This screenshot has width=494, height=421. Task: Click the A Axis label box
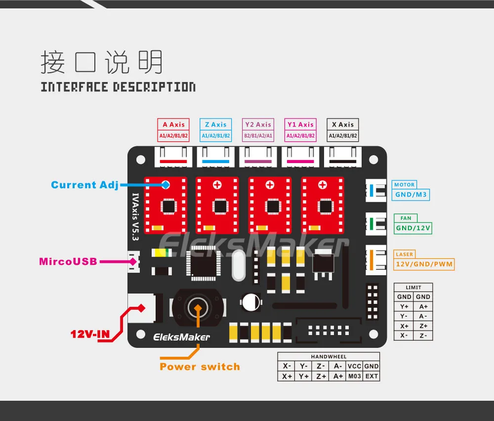point(173,130)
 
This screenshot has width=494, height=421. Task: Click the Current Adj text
point(85,185)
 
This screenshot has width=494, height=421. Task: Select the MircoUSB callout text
point(68,261)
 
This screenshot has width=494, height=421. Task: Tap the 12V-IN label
point(90,334)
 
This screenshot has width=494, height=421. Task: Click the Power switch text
point(200,367)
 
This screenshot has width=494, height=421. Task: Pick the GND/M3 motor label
point(411,195)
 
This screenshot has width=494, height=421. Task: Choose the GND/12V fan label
point(413,228)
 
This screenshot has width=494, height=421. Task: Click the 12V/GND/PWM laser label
point(424,264)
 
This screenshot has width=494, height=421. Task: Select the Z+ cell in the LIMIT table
point(423,326)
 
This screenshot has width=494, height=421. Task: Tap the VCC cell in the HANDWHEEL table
point(354,366)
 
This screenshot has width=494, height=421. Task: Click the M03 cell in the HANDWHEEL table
point(354,376)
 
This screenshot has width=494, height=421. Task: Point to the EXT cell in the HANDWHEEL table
point(371,376)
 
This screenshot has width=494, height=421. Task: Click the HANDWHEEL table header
point(329,357)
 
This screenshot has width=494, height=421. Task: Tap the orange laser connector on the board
point(376,260)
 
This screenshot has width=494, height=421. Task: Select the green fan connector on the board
point(376,224)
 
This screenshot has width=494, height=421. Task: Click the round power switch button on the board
point(198,308)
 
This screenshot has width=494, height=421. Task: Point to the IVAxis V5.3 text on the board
point(135,217)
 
